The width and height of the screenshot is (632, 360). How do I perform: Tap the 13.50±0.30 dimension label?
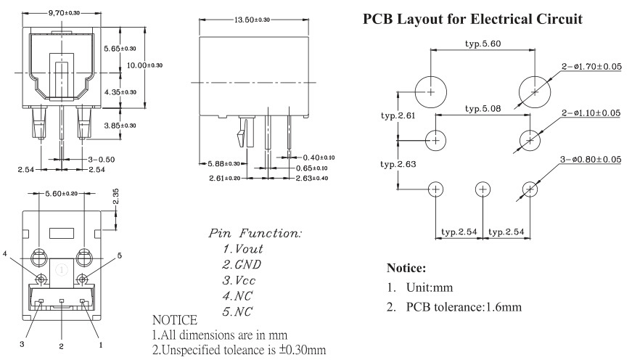[x=252, y=20]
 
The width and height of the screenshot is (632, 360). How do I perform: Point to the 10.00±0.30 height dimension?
[x=145, y=65]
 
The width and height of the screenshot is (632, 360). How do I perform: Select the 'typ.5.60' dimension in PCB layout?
[x=483, y=44]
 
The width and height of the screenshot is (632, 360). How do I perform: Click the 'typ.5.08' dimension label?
[x=483, y=109]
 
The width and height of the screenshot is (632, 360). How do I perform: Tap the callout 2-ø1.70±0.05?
[x=591, y=66]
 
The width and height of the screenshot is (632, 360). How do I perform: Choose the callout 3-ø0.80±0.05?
[x=591, y=159]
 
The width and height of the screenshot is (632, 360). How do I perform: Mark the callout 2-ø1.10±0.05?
[x=591, y=112]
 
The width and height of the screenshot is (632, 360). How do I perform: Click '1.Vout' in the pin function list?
[x=243, y=248]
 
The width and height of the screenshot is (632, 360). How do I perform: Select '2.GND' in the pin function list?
[x=242, y=264]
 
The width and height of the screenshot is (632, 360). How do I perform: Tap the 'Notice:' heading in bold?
[x=411, y=268]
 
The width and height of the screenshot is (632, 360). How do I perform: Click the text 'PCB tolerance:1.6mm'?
[x=464, y=307]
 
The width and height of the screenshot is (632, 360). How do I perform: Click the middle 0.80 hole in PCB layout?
[x=483, y=189]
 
